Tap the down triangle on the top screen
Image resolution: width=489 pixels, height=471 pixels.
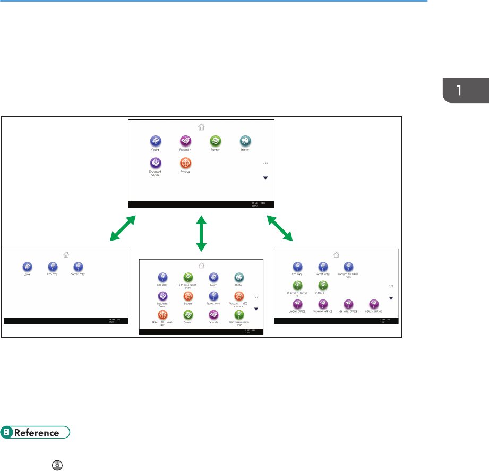coord(265,178)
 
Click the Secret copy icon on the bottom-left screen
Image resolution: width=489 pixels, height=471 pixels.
coord(79,267)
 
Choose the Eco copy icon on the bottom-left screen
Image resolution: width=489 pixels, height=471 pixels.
coord(53,267)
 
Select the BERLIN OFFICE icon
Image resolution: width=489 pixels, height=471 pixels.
coord(373,304)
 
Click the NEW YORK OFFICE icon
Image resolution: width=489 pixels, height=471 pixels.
coord(348,304)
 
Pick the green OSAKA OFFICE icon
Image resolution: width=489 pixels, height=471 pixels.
coord(323,286)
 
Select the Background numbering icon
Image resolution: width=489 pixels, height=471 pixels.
coord(348,267)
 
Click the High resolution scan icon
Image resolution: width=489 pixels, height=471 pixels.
coord(187,278)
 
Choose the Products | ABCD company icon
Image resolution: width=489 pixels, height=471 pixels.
coord(239,296)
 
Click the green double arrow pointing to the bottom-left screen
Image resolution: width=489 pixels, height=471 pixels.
coord(123,228)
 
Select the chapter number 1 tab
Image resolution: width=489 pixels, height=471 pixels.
coord(465,88)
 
